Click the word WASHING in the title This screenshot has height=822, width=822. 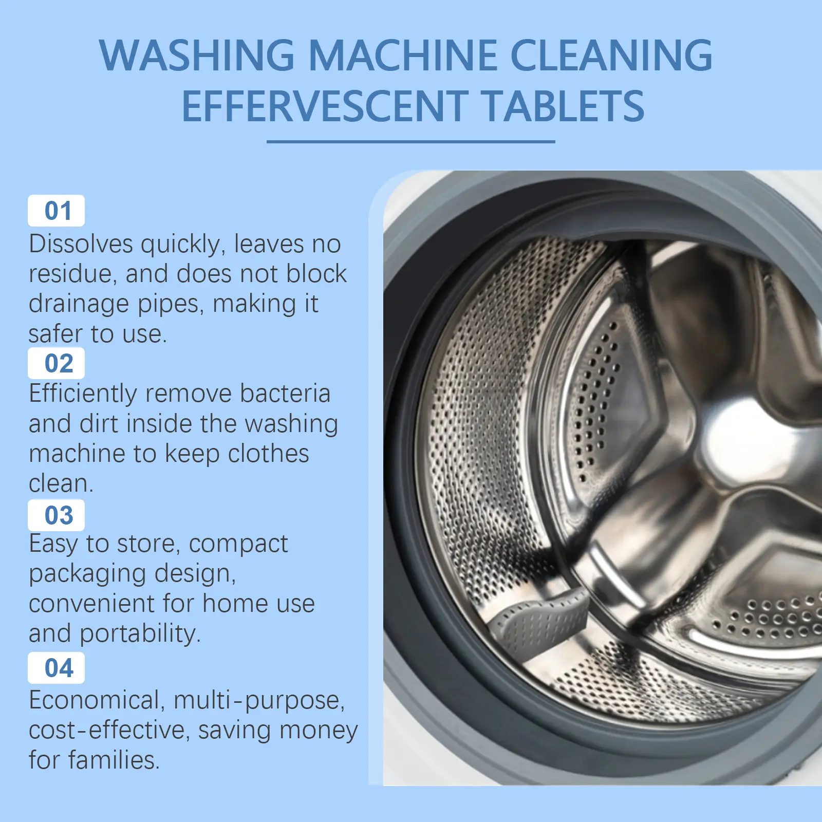tap(197, 55)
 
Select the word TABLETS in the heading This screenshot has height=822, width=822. tap(563, 106)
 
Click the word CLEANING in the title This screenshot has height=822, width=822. tap(611, 55)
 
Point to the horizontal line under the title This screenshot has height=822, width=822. tap(411, 141)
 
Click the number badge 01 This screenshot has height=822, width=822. tap(57, 211)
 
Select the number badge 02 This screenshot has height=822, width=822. tap(57, 363)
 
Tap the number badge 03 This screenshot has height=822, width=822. tap(57, 515)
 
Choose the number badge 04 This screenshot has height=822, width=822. tap(57, 668)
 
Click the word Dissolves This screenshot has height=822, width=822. tap(81, 244)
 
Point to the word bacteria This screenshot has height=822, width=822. tap(285, 394)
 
